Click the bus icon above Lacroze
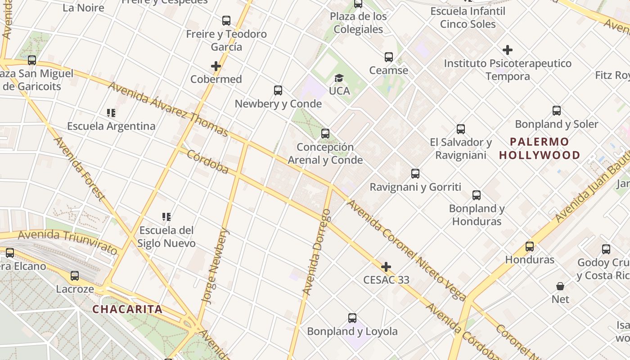click(75, 276)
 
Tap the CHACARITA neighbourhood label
click(127, 310)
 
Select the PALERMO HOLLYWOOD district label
click(540, 148)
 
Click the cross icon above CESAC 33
click(386, 267)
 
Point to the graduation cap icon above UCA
click(339, 78)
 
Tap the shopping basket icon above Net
click(560, 286)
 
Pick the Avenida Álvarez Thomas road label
click(168, 109)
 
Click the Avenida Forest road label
click(79, 169)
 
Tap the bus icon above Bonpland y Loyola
click(352, 318)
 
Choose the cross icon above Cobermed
click(216, 67)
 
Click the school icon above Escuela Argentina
click(111, 113)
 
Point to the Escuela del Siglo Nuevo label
click(166, 237)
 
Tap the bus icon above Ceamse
click(389, 57)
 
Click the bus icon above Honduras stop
click(530, 247)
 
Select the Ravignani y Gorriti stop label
click(415, 187)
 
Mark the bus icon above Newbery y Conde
click(278, 90)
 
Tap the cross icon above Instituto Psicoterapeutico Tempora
click(508, 50)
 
